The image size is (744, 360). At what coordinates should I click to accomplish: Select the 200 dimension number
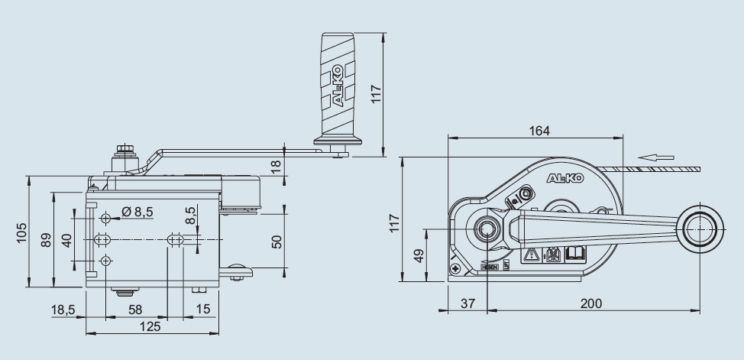coord(590,303)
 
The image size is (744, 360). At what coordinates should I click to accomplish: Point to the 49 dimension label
coord(417,255)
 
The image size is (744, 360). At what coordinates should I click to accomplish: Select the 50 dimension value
coord(277,242)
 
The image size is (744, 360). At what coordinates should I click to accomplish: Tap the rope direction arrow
coord(656,158)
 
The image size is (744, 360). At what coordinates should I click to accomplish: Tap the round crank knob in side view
coord(700,227)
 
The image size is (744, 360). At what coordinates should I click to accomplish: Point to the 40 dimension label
coord(66,240)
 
